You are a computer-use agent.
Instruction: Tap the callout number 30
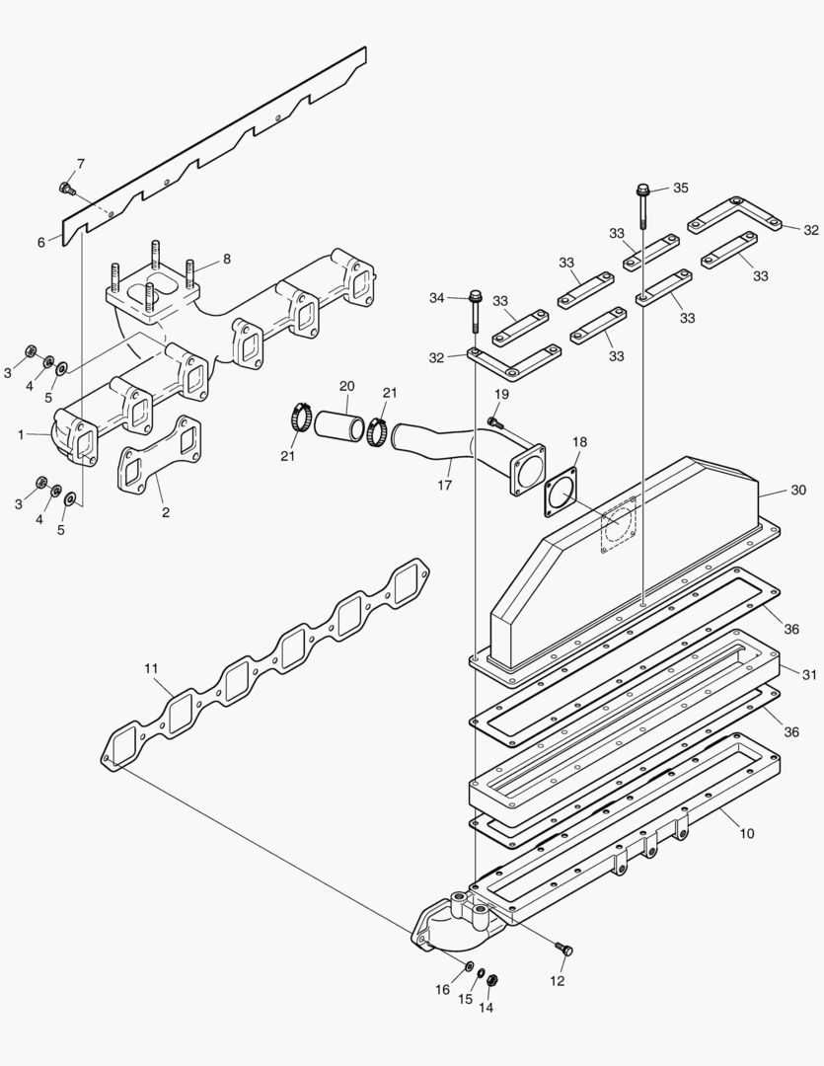point(798,490)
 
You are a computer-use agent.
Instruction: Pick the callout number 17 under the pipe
point(444,486)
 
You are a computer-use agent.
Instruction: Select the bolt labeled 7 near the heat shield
point(67,187)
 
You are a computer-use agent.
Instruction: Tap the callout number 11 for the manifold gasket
point(151,668)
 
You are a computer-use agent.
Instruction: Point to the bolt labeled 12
point(564,949)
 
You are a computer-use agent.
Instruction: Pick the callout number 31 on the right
point(809,675)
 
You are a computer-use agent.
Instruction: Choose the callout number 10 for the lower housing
point(747,833)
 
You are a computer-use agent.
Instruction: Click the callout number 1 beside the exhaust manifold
point(22,433)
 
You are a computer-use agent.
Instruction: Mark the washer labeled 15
point(481,974)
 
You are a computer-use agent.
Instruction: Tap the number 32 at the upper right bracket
point(810,230)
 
